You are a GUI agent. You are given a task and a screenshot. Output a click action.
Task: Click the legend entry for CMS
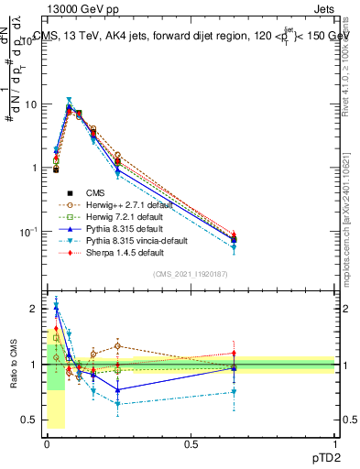point(95,193)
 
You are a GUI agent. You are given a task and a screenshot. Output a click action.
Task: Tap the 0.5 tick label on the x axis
point(191,443)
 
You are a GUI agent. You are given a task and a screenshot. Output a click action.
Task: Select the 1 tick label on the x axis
point(336,443)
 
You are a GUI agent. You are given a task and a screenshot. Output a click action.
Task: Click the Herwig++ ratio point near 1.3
point(118,345)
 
